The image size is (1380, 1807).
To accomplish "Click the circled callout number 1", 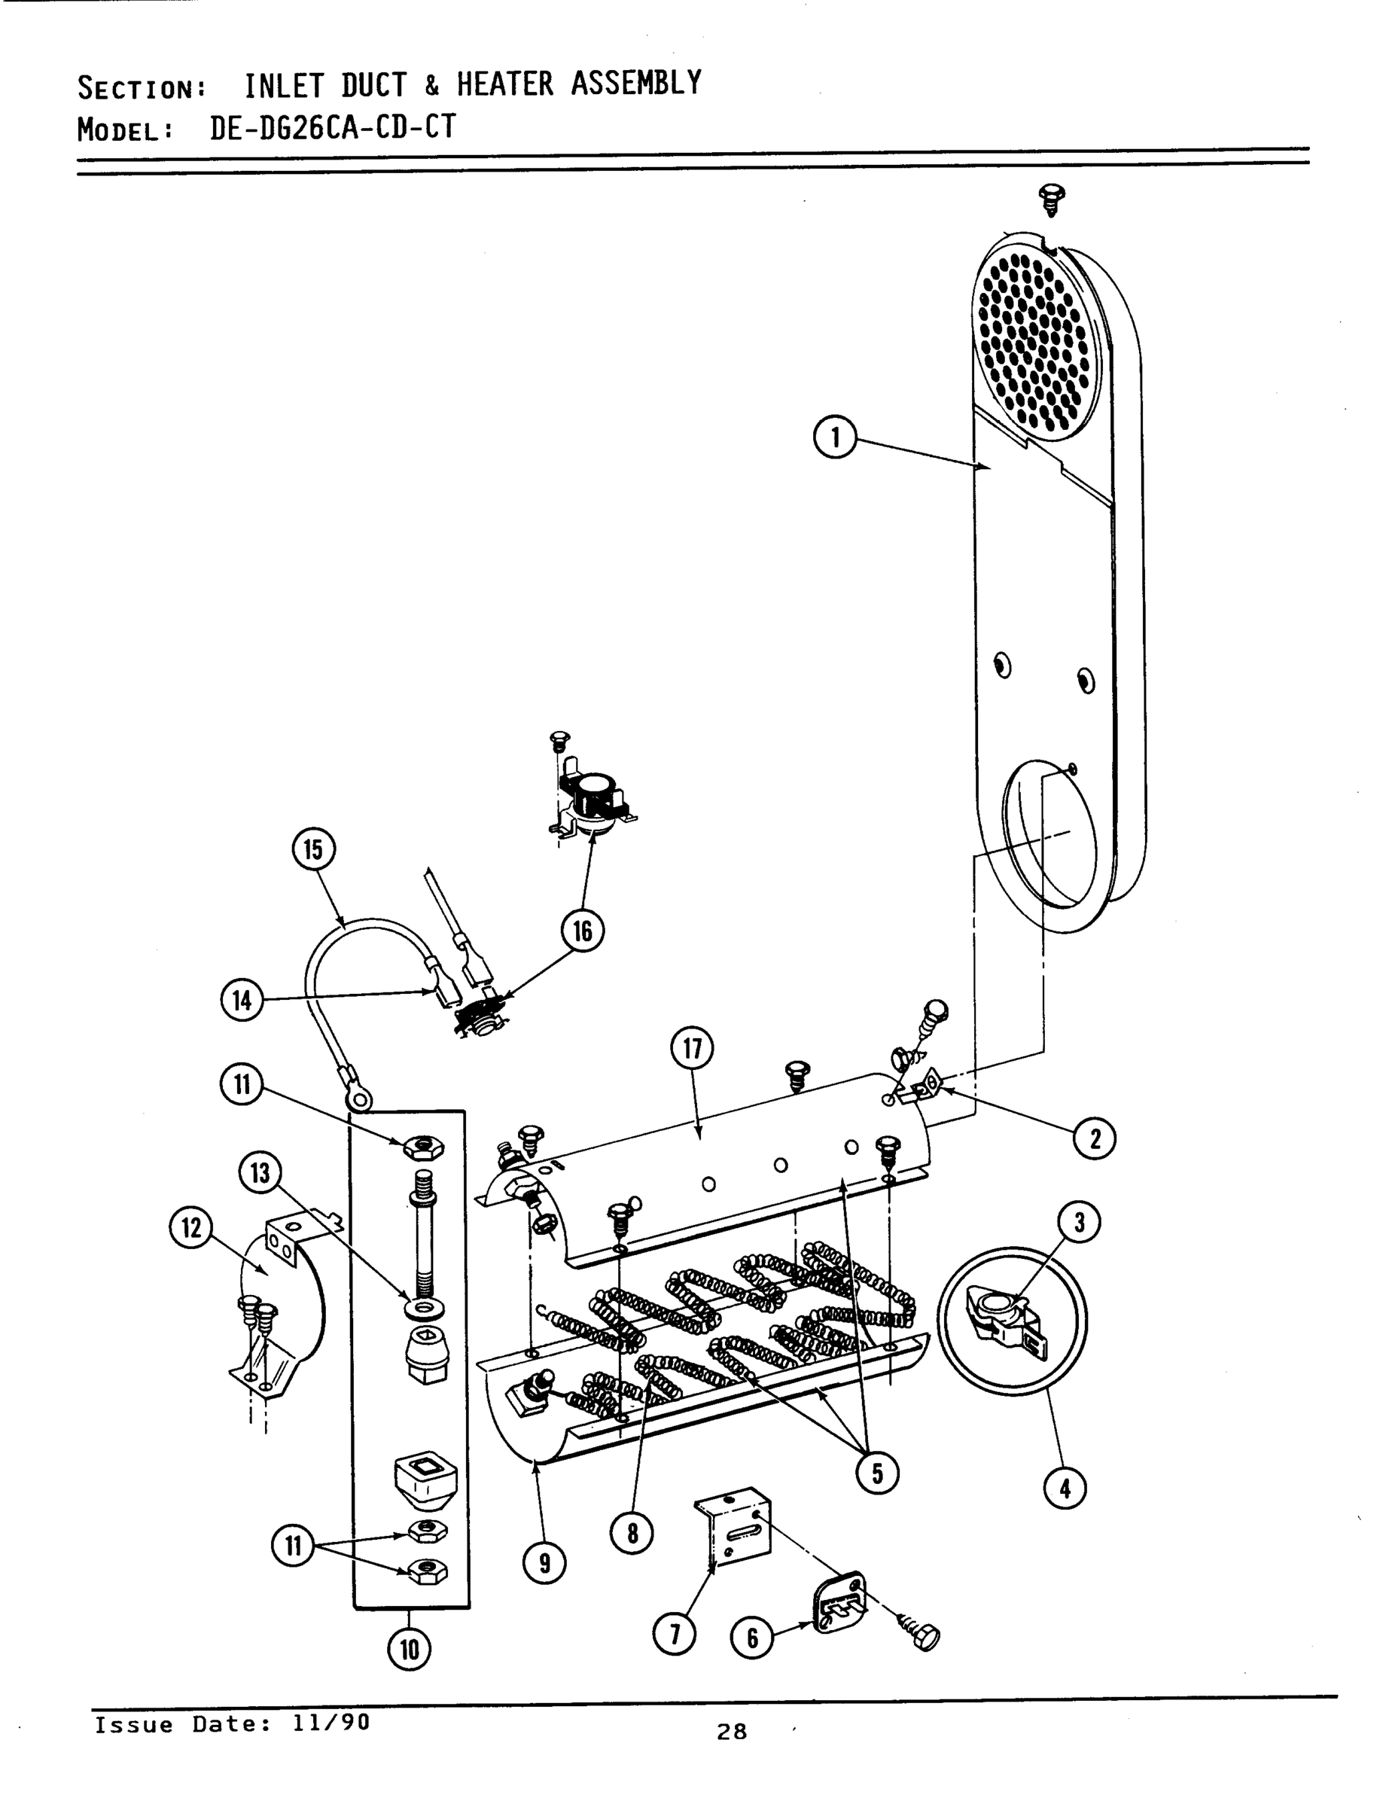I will [835, 437].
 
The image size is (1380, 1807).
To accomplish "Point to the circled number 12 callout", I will [190, 1228].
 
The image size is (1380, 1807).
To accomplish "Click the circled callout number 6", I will [751, 1638].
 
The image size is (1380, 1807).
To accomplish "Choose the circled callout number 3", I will [1080, 1222].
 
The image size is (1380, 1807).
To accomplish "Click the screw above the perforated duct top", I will [1052, 197].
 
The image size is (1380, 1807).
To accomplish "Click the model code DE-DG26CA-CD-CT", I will [332, 127].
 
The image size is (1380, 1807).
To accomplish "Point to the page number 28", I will [731, 1732].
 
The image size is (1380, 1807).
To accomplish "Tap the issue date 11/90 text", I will [331, 1723].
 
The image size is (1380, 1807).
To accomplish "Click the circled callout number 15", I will [314, 849].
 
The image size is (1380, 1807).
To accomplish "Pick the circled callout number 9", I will [544, 1563].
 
